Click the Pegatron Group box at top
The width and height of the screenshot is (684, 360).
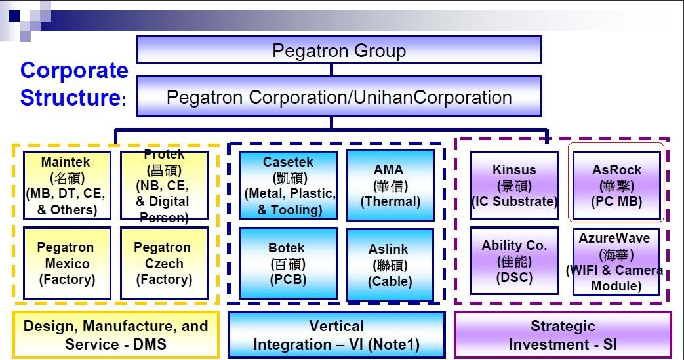tap(339, 50)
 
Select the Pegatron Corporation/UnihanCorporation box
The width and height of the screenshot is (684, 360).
tap(339, 97)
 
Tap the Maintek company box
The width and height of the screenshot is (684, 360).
tap(66, 185)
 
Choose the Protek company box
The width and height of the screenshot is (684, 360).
tap(164, 185)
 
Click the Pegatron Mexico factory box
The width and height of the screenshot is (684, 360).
tap(66, 263)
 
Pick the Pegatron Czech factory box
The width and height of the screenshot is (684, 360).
tap(164, 263)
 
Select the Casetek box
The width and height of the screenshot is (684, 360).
tap(289, 185)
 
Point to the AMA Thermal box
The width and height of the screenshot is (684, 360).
tap(390, 185)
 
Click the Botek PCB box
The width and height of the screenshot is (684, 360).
tap(289, 263)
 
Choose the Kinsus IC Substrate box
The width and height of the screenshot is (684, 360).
tap(514, 186)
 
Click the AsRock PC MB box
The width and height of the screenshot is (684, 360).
tap(616, 186)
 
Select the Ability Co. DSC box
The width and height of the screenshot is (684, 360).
tap(514, 261)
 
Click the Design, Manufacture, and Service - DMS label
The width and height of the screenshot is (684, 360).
tap(115, 334)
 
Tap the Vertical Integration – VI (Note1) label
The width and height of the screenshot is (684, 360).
tap(336, 334)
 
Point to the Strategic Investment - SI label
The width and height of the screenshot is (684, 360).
tap(563, 334)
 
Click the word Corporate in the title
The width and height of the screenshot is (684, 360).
tap(74, 70)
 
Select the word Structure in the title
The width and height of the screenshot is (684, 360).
tap(70, 98)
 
